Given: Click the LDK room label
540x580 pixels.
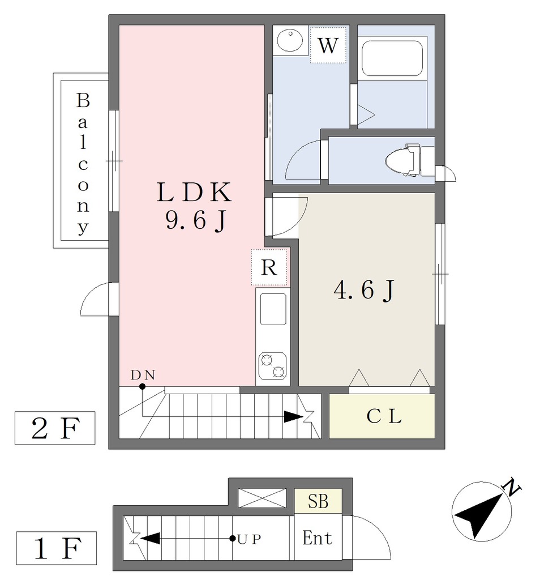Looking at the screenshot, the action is point(194,193).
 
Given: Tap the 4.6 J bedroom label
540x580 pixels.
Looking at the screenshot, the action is point(365,289).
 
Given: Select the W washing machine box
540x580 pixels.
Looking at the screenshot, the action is point(328,45).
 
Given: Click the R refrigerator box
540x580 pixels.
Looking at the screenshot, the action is point(269,267).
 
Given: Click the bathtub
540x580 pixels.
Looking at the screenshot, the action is point(392,58).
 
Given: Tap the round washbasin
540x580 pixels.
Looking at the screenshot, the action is point(290,40).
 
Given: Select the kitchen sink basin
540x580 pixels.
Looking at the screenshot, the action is point(273,309).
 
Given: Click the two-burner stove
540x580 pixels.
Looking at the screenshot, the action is point(273,366).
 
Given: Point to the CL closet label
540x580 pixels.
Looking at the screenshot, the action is point(384,417).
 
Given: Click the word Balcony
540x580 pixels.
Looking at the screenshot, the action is point(83,164).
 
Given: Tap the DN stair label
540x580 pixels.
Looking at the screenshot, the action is point(143,376).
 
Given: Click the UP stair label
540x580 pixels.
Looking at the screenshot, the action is point(250,539).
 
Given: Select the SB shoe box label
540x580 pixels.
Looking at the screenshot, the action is point(318,502).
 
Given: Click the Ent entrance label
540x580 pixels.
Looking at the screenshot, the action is point(317,538).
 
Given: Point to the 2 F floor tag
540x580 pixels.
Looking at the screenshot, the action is point(55,428).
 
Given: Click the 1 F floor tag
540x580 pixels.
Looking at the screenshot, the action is point(57,548).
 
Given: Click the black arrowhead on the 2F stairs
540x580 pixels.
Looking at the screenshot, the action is point(294,417).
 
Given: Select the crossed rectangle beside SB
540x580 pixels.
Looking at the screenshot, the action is point(262,498).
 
